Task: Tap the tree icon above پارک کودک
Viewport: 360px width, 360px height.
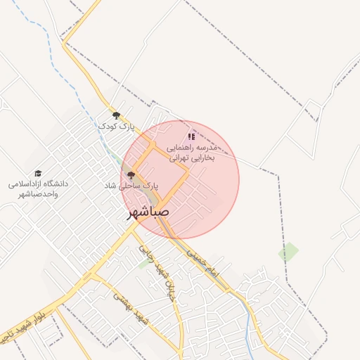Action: click(x=116, y=115)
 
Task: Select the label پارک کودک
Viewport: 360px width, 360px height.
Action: click(x=116, y=127)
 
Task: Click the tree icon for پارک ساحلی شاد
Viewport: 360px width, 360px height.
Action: click(x=130, y=174)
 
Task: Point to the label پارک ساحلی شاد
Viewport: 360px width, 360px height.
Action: click(x=131, y=186)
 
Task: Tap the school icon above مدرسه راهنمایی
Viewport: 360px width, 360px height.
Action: click(x=192, y=136)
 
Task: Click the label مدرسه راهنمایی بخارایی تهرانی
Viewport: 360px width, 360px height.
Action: click(x=193, y=153)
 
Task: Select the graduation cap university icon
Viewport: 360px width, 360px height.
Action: click(x=38, y=173)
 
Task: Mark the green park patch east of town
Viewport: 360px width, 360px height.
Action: click(x=288, y=252)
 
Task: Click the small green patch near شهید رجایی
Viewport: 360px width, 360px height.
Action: click(x=144, y=263)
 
